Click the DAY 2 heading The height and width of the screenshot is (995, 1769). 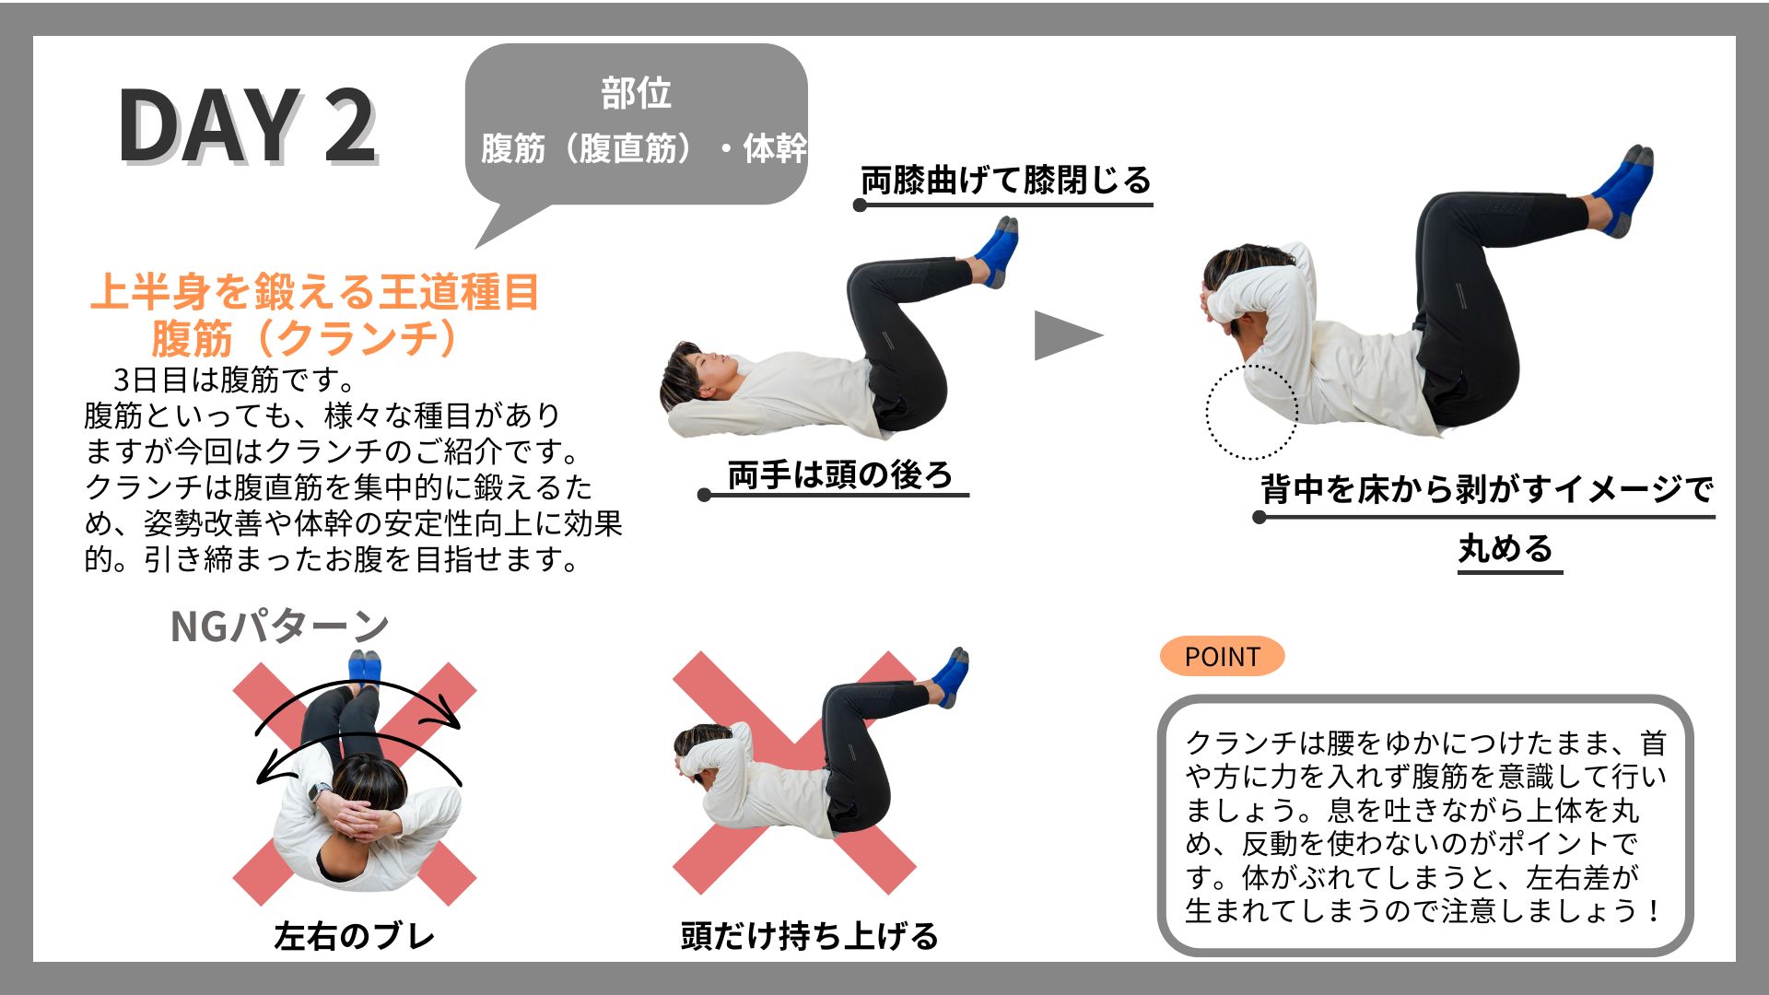click(x=247, y=126)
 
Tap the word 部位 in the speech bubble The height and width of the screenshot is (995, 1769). click(x=636, y=93)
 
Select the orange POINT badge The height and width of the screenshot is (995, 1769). click(x=1222, y=656)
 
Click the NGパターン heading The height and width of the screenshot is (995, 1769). click(x=279, y=626)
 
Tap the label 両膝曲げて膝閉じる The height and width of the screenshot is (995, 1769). click(x=1006, y=180)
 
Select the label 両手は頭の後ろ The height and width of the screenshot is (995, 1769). click(x=839, y=474)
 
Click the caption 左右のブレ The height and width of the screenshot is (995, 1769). click(x=355, y=936)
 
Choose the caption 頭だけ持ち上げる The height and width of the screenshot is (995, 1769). click(x=809, y=936)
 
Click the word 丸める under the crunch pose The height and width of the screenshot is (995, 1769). click(x=1505, y=548)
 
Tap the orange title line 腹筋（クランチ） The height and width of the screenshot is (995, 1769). click(x=305, y=338)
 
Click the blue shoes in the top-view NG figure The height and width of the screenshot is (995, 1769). click(x=364, y=666)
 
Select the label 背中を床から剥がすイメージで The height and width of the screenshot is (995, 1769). click(x=1487, y=488)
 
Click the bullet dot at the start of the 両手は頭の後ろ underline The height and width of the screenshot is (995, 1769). click(x=705, y=496)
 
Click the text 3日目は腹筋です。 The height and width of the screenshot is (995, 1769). click(x=233, y=379)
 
